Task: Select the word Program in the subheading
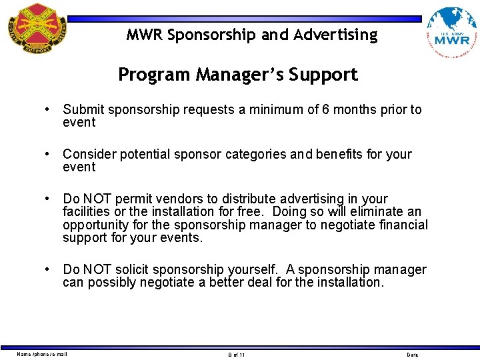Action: [x=154, y=75]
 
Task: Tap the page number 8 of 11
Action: [x=237, y=355]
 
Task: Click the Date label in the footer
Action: [x=413, y=355]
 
